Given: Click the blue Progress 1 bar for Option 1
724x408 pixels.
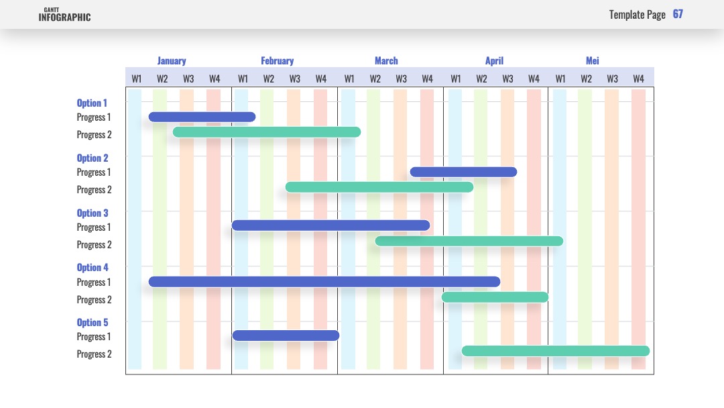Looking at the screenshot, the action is coord(202,117).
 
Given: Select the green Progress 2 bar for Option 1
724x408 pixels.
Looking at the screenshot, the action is coord(266,132).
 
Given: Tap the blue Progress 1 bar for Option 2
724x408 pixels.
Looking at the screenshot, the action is coord(463,172).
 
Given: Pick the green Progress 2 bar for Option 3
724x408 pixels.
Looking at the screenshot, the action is coord(469,241).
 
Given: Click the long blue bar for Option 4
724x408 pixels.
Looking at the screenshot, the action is coord(324,282).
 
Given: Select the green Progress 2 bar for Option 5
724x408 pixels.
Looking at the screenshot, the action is coord(556,351).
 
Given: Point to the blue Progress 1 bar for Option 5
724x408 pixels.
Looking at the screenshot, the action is coord(286,336).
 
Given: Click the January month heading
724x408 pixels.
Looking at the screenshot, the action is coord(172,61).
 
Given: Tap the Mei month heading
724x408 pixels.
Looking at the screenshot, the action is coord(593,60).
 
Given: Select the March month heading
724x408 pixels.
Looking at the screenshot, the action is coord(386,60).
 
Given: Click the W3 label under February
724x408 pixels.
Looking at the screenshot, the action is coord(294,79).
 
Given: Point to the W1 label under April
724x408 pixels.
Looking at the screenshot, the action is coord(456,79).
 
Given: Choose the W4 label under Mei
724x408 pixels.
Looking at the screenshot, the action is coord(638,79).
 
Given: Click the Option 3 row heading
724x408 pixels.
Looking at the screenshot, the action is coord(93,213).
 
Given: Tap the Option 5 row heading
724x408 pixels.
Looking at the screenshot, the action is coord(93,323).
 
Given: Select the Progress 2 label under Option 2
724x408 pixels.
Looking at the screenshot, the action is coord(95,190).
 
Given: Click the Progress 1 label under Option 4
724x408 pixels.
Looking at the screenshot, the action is coord(94,283).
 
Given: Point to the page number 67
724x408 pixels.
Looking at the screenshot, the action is coord(678,14).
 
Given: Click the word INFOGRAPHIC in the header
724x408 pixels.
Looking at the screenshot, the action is coord(64,17).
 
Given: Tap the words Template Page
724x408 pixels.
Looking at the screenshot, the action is coord(638,15).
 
